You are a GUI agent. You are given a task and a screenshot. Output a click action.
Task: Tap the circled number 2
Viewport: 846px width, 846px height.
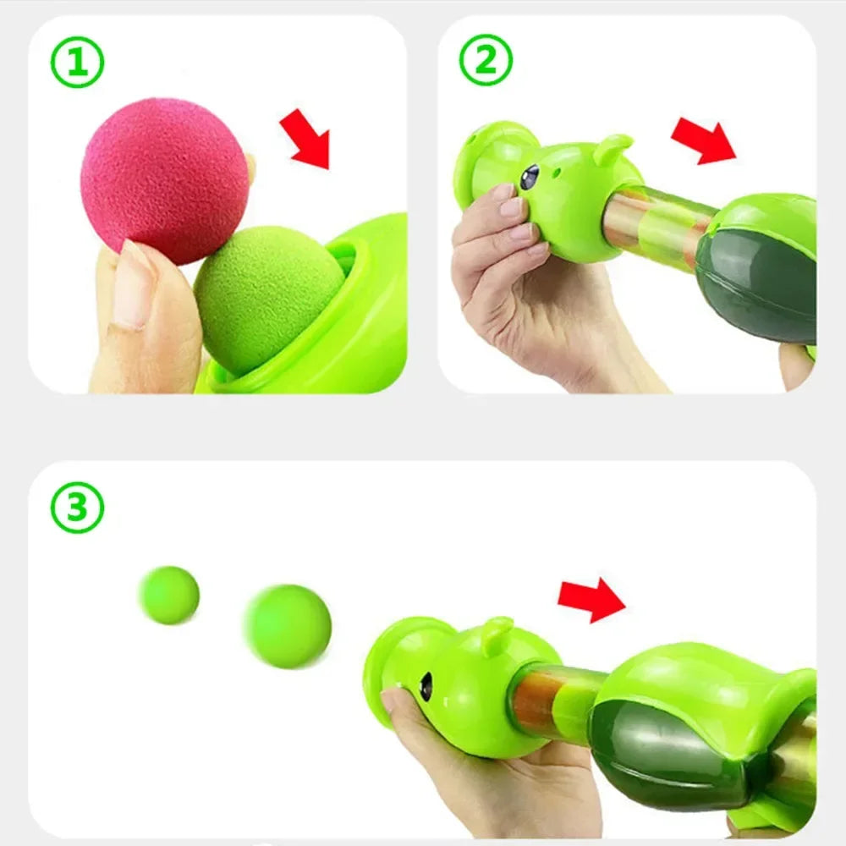[486, 60]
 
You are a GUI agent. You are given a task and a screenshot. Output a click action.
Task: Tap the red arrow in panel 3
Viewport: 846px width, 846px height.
[591, 600]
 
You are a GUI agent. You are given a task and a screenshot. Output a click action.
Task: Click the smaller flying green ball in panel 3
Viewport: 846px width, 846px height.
[169, 595]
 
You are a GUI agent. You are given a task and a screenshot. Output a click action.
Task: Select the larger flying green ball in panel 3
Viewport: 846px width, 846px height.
[288, 626]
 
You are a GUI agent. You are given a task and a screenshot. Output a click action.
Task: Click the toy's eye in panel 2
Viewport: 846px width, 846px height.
[530, 177]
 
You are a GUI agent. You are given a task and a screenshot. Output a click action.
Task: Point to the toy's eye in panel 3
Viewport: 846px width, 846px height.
[426, 685]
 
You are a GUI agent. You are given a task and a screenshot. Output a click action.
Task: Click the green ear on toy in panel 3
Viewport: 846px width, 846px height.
[497, 635]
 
